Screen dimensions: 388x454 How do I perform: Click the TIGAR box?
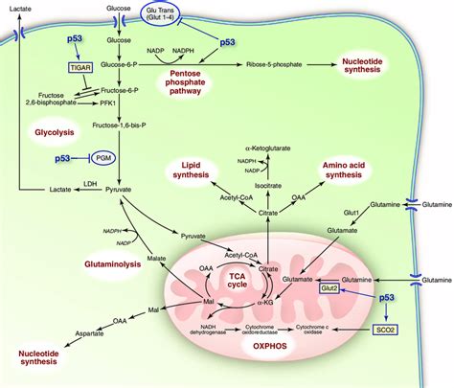coord(79,68)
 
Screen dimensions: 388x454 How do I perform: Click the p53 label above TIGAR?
coord(80,41)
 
